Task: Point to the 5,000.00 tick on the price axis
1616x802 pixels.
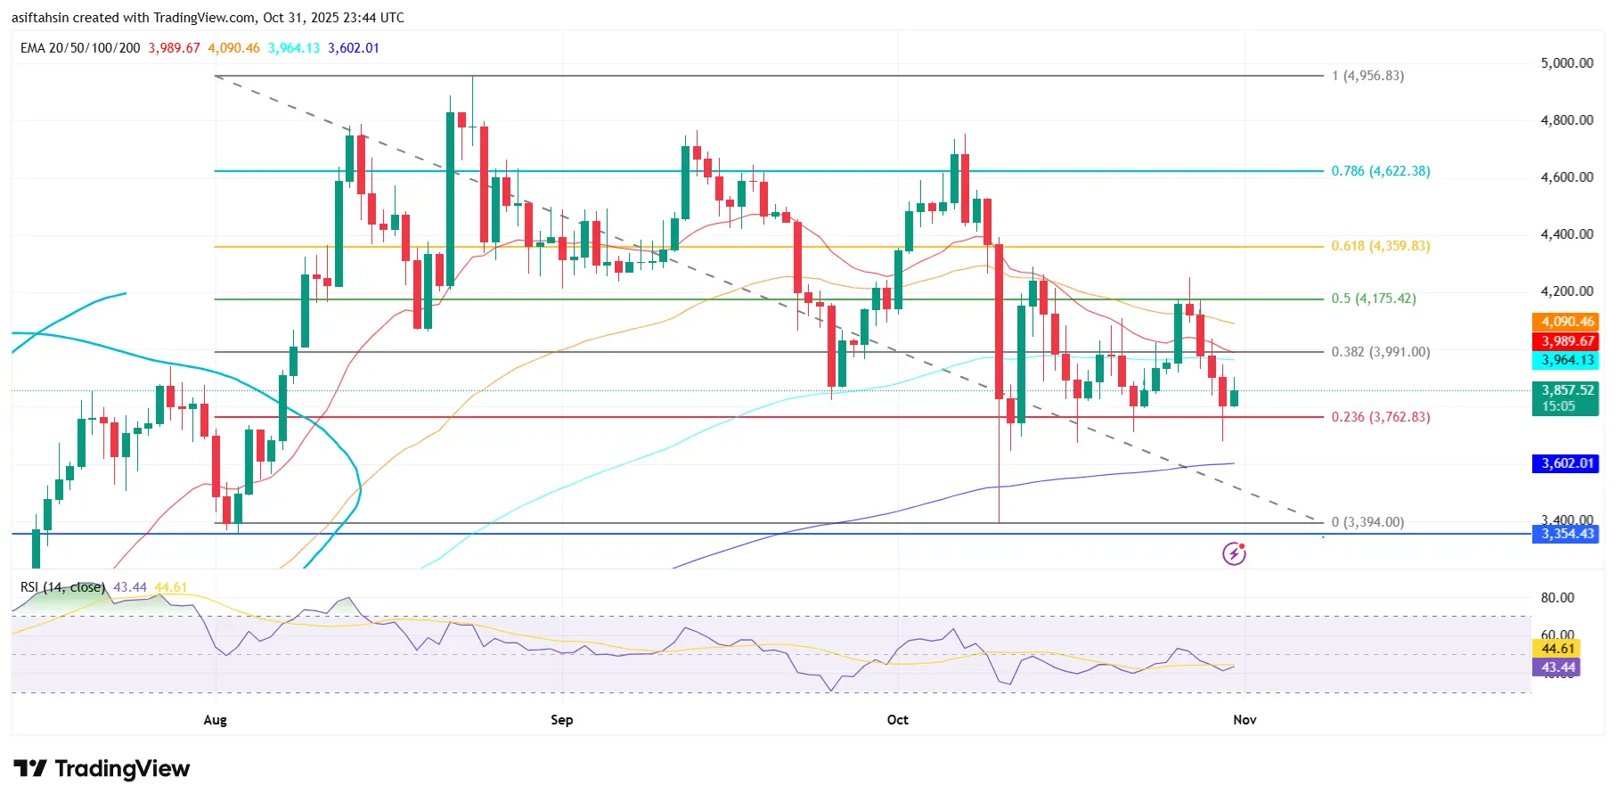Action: click(x=1566, y=63)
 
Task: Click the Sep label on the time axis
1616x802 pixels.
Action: click(x=561, y=720)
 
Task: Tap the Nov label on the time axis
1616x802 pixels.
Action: click(x=1244, y=720)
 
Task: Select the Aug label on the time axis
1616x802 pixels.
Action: click(x=215, y=720)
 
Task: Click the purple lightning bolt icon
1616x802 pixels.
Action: click(x=1234, y=553)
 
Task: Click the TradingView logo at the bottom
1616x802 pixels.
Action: click(x=102, y=768)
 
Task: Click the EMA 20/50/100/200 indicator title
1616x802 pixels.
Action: click(x=80, y=48)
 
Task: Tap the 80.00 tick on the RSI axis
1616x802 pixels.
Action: click(x=1557, y=598)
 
